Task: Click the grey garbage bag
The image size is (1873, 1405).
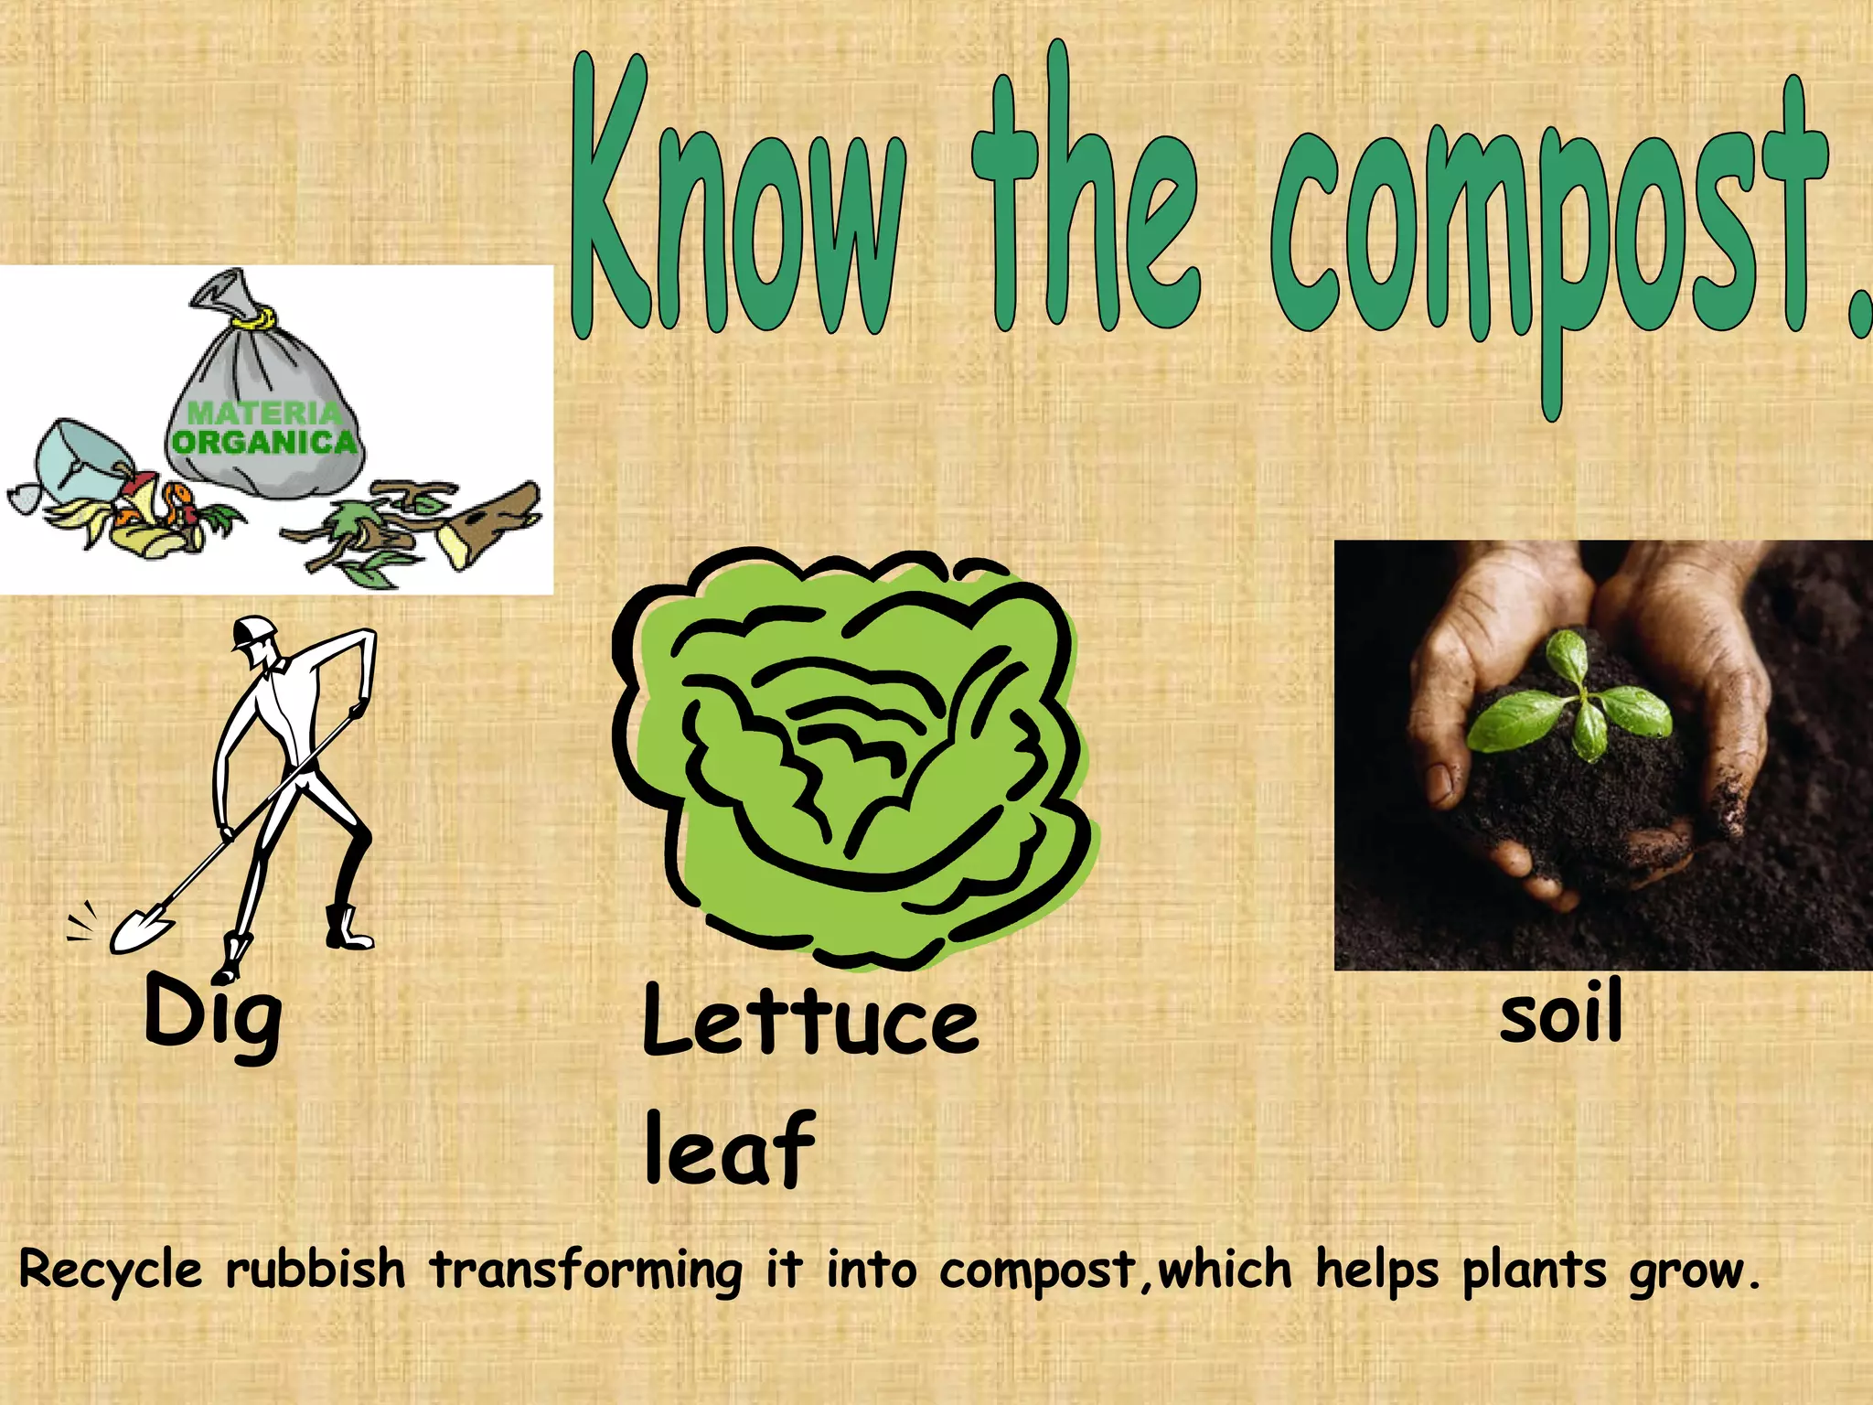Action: tap(265, 402)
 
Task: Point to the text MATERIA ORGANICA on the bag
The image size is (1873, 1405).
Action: tap(264, 428)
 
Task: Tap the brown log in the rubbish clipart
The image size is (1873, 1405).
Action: tap(489, 521)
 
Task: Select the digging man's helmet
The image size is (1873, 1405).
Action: tap(253, 631)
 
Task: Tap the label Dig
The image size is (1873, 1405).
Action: tap(213, 1015)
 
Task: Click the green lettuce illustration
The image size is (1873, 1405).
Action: tap(855, 759)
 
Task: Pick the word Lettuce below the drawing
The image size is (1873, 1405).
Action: tap(810, 1020)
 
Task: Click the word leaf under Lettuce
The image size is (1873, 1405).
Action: tap(729, 1148)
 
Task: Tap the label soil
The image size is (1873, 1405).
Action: tap(1561, 1011)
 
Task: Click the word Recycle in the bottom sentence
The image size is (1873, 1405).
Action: tap(111, 1271)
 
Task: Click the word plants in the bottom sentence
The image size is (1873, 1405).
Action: tap(1534, 1271)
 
